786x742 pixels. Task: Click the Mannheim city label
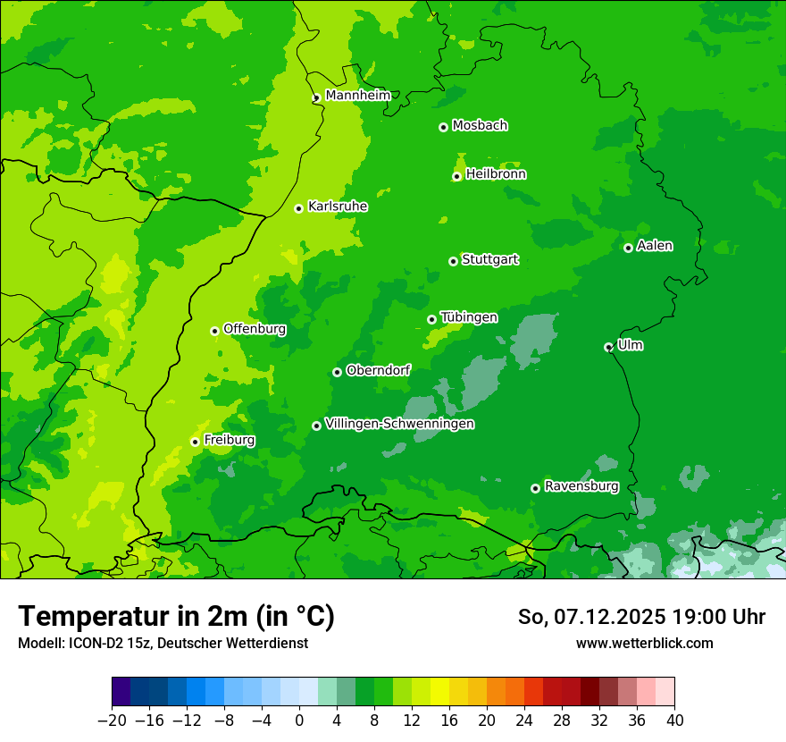[357, 95]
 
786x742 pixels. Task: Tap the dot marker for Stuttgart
[453, 261]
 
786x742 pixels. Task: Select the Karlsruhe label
[337, 207]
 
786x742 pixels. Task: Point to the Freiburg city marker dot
[195, 442]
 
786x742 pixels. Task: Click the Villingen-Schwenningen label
[399, 424]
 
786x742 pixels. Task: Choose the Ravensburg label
[581, 486]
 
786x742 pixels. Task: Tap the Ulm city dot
[608, 347]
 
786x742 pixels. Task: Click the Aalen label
[655, 246]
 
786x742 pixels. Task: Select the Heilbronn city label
[496, 174]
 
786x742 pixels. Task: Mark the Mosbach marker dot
[443, 127]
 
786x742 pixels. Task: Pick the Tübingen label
[469, 317]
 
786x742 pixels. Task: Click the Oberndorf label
[378, 370]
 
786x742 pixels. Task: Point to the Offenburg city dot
[214, 331]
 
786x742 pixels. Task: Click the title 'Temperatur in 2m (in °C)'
[176, 616]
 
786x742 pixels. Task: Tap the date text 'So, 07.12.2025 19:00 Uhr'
[641, 617]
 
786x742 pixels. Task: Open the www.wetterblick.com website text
[644, 643]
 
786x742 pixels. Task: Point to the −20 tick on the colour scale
[112, 720]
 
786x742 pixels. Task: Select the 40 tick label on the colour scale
[674, 720]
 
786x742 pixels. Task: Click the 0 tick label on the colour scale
[299, 720]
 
